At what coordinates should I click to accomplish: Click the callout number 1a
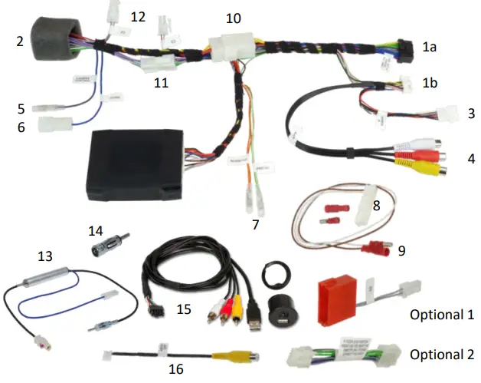click(x=430, y=48)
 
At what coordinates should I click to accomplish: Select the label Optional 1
click(x=442, y=315)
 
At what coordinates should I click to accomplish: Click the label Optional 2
click(x=442, y=355)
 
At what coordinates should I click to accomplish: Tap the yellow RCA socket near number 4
click(x=430, y=170)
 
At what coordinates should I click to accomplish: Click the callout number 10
click(x=233, y=17)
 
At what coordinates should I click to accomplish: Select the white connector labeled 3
click(x=445, y=113)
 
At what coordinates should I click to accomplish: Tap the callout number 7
click(x=256, y=225)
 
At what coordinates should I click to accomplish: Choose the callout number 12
click(x=138, y=16)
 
